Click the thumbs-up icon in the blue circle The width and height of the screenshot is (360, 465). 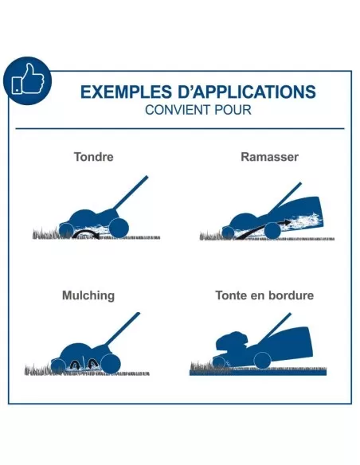point(28,80)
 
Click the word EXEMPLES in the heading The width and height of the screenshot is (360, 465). point(126,92)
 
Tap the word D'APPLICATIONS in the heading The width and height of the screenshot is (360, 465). point(247,92)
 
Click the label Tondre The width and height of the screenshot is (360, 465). point(94,157)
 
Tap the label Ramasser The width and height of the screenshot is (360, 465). point(269,157)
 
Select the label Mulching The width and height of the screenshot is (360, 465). point(88,295)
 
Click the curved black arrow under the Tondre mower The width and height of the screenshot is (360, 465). point(86,233)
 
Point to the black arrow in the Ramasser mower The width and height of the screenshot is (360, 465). point(264,229)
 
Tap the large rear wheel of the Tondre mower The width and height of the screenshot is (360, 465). point(119,228)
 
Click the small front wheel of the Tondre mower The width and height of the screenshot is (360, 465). point(66,230)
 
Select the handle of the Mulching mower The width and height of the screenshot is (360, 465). point(123,329)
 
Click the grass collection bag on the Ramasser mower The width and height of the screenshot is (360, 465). point(299,215)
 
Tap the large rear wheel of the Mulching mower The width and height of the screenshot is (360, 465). point(111,363)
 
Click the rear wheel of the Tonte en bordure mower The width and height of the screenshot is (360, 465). point(263,361)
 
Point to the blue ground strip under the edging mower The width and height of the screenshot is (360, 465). point(258,373)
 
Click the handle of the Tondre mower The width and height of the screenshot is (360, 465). point(131,193)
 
